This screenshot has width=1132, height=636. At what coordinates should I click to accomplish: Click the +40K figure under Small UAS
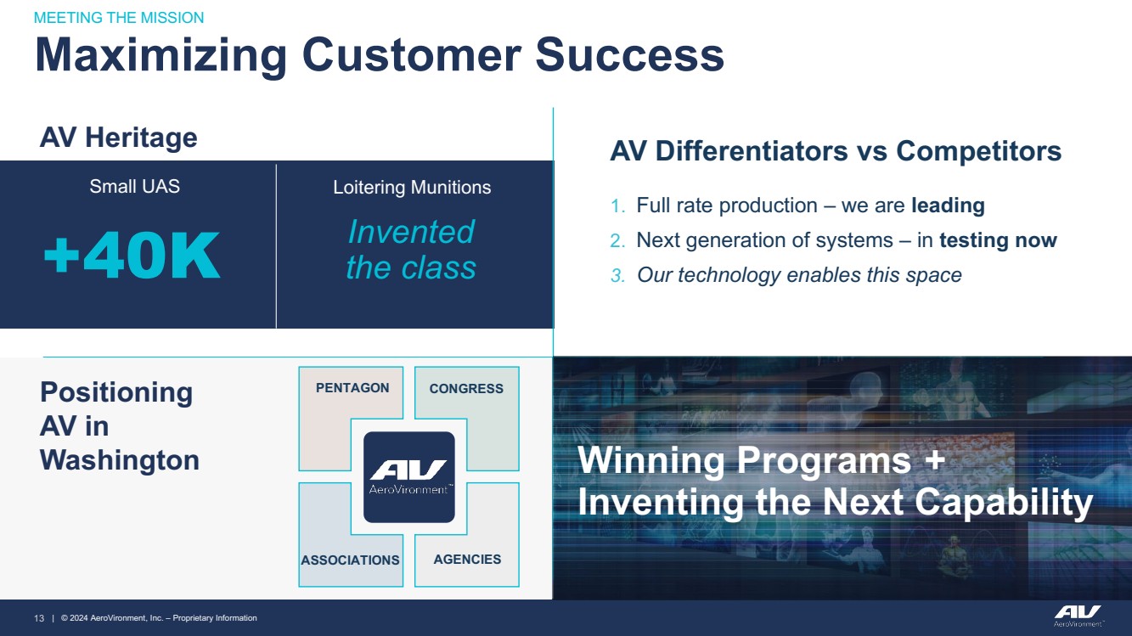click(132, 255)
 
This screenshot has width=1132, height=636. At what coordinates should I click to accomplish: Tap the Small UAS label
click(134, 187)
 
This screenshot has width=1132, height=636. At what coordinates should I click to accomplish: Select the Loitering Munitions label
click(412, 188)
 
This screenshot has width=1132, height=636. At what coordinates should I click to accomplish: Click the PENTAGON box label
click(352, 388)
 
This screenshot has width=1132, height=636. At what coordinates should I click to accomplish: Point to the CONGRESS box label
click(466, 388)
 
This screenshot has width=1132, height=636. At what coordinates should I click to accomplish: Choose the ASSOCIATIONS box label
click(350, 560)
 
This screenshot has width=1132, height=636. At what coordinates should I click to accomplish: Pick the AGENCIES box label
click(467, 560)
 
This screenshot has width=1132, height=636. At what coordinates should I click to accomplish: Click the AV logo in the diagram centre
click(408, 477)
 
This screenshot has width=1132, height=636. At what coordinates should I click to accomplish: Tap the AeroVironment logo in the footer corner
click(1078, 616)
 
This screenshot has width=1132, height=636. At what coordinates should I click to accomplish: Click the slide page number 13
click(39, 618)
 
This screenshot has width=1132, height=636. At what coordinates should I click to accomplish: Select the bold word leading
click(948, 205)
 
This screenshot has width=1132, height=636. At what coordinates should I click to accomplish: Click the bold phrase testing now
click(998, 240)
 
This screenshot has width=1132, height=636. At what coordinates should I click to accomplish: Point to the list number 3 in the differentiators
click(617, 275)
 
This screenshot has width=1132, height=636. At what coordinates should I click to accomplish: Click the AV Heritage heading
click(118, 138)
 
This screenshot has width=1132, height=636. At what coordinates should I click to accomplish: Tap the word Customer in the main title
click(412, 54)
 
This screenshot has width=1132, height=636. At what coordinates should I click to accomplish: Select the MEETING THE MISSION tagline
click(119, 18)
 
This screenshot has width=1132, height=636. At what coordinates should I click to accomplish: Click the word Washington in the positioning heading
click(120, 460)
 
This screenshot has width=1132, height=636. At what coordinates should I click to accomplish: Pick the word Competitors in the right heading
click(978, 151)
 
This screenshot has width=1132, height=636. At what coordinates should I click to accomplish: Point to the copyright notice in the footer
click(159, 618)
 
